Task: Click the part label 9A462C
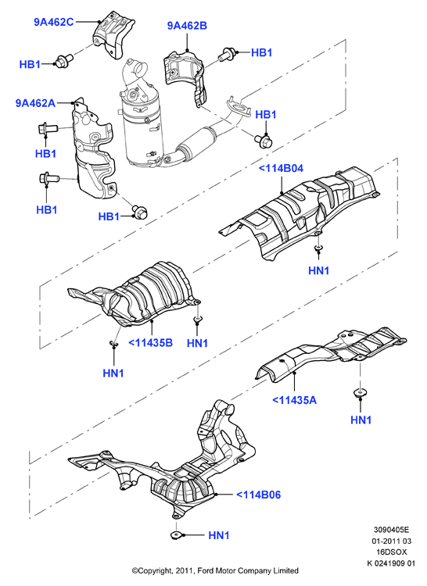tap(54, 22)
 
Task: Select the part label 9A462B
tap(187, 26)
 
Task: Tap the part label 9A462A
tap(35, 103)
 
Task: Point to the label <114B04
tap(282, 169)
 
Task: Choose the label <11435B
tap(151, 343)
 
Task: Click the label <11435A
tap(294, 400)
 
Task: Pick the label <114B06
tap(258, 495)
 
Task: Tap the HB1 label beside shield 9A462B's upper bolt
tap(261, 52)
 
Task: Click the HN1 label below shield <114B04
tap(318, 270)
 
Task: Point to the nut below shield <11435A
tap(360, 392)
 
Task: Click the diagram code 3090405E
tap(391, 530)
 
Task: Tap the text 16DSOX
tap(392, 552)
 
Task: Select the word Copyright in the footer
tap(155, 570)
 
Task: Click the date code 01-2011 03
tap(391, 541)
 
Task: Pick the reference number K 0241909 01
tap(391, 563)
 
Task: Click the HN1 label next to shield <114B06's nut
tap(219, 535)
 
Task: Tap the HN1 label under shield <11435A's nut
tap(361, 420)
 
